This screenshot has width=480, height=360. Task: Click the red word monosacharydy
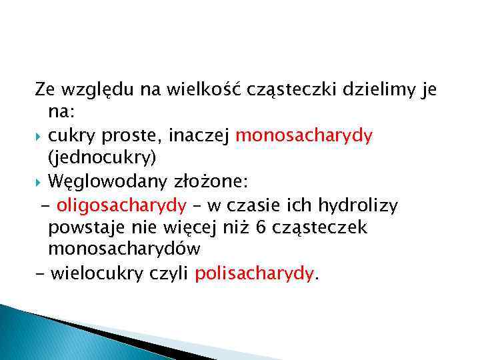point(304,135)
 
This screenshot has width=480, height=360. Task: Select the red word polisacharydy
point(253,272)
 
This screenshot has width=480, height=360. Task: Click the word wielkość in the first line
point(170,89)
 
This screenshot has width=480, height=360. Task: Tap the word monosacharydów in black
point(124,249)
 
